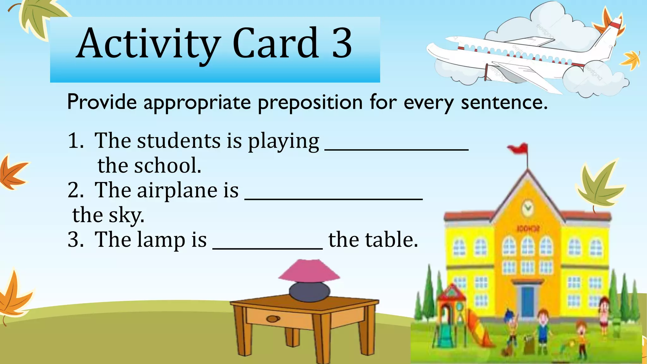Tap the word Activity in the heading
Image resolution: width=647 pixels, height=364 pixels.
coord(148,44)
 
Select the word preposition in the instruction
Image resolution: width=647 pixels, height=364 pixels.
coord(310,102)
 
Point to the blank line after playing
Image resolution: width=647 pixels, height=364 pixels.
coord(396,149)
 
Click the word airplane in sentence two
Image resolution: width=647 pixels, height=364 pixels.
coord(177,190)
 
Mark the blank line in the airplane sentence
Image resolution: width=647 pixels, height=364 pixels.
coord(334,198)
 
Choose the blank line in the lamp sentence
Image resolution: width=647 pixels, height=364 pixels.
coord(268,247)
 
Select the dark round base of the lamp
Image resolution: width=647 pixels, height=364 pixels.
coord(309,292)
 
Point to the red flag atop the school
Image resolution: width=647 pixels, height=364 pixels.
coord(519,149)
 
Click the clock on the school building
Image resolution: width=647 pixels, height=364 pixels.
coord(527,208)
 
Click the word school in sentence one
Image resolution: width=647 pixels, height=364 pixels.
coord(167,166)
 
